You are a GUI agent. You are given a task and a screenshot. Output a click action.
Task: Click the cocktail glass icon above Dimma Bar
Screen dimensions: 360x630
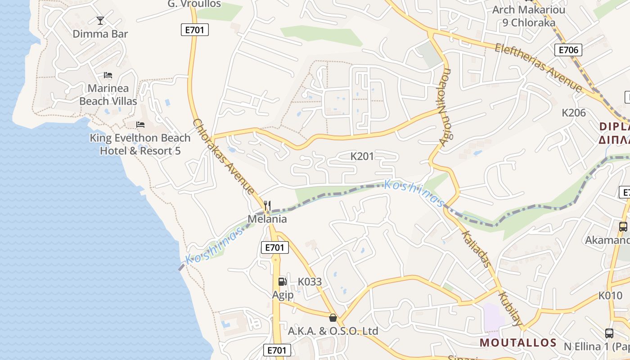tap(100, 20)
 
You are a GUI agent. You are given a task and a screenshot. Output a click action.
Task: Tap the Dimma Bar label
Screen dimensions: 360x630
tap(100, 34)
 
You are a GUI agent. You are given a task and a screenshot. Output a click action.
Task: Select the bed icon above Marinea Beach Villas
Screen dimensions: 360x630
tap(108, 75)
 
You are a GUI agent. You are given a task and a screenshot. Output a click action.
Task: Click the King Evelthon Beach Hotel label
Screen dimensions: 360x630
tap(140, 144)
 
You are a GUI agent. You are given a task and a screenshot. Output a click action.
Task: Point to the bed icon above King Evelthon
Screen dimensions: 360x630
tap(140, 125)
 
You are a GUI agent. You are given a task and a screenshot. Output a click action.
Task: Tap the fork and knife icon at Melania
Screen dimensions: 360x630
tap(267, 206)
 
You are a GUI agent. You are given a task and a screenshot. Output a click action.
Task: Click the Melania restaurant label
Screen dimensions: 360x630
tap(267, 219)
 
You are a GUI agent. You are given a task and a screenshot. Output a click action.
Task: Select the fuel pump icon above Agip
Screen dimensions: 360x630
tap(282, 282)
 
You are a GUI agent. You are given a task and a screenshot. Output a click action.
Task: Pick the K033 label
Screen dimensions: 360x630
tap(310, 282)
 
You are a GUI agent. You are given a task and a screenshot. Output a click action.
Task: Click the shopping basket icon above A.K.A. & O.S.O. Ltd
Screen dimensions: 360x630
tap(333, 318)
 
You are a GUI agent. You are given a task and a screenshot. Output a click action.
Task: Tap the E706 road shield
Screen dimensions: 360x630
tap(568, 50)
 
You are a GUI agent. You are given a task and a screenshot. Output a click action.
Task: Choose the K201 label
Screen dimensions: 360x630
tap(362, 157)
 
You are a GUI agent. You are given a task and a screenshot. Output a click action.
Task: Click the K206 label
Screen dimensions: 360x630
tap(574, 112)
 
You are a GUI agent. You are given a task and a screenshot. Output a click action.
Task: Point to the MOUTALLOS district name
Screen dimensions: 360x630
tap(518, 342)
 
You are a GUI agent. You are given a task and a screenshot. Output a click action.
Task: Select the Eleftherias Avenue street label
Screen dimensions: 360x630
tap(538, 67)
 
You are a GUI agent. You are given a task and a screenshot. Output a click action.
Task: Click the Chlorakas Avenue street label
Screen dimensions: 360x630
tap(223, 157)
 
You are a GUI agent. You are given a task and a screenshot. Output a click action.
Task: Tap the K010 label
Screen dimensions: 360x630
tap(610, 296)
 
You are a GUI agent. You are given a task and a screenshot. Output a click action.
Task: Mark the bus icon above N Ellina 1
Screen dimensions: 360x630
tap(609, 333)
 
